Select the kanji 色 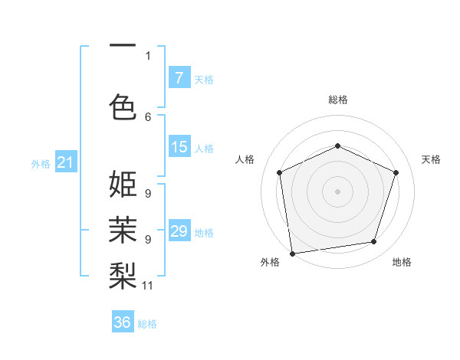click(123, 106)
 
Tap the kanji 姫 click(123, 185)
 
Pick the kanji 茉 click(123, 229)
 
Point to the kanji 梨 click(123, 275)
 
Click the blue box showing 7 click(179, 78)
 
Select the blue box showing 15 click(179, 147)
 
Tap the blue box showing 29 click(179, 231)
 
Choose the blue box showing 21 click(65, 162)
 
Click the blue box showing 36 click(123, 322)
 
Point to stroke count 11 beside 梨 click(148, 286)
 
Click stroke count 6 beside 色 click(148, 116)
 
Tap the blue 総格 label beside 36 click(147, 324)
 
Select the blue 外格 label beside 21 click(41, 163)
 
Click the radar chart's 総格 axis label click(337, 100)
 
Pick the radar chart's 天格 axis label click(431, 159)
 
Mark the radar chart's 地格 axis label click(402, 262)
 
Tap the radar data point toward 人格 click(279, 172)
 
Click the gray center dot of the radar click(337, 191)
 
